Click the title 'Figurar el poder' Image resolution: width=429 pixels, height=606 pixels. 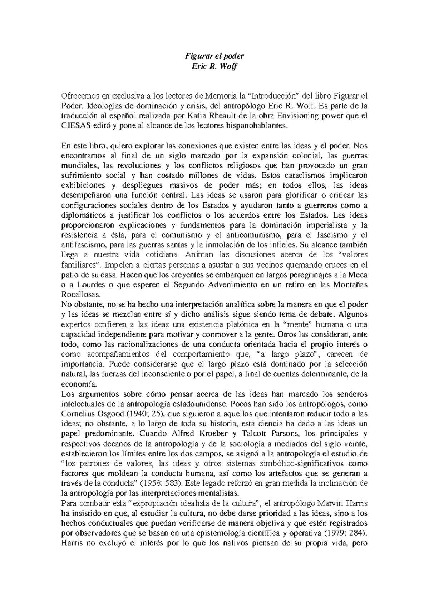pos(214,56)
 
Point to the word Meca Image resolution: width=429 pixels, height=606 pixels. pos(359,275)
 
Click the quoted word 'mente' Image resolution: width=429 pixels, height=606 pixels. pos(295,325)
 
